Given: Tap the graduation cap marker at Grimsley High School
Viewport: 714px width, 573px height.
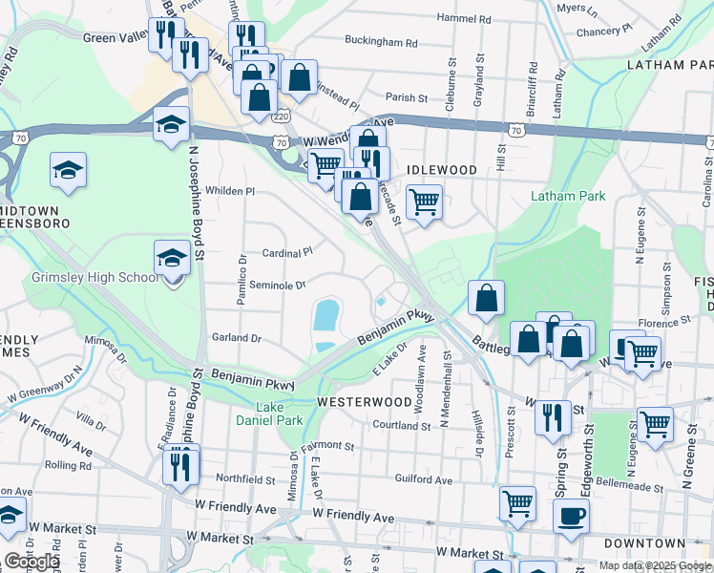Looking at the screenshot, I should [172, 257].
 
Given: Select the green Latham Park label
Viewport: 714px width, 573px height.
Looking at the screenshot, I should [568, 196].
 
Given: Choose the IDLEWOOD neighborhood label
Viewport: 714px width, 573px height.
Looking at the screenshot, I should [441, 169].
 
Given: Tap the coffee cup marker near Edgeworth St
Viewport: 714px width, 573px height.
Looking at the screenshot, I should [571, 517].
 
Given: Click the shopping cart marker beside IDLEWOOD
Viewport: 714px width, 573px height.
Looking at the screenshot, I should [424, 202].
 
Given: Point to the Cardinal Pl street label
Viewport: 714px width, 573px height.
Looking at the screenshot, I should [287, 253].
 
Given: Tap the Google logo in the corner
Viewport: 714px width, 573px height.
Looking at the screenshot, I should [31, 561].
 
